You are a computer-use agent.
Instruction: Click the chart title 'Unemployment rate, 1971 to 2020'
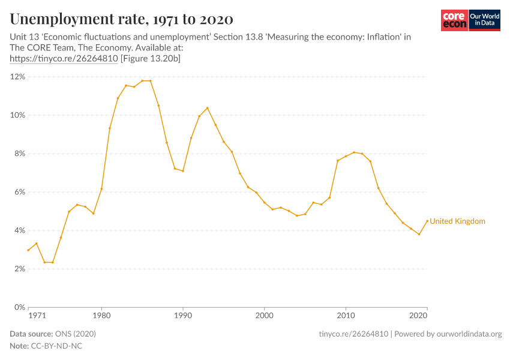click(x=122, y=19)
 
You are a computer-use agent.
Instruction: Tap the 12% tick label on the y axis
click(x=16, y=77)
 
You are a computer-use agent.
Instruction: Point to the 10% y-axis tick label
click(x=16, y=115)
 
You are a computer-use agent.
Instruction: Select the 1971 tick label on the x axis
click(x=37, y=316)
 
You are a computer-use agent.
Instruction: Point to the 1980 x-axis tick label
click(x=101, y=316)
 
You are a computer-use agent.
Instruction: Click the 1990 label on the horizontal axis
click(x=183, y=316)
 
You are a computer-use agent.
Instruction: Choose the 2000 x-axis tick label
click(x=264, y=316)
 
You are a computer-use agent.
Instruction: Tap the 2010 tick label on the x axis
click(x=346, y=316)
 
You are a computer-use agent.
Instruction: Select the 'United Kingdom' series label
click(x=457, y=221)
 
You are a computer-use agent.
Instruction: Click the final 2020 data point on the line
click(x=427, y=221)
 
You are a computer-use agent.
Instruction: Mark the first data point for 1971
click(x=28, y=250)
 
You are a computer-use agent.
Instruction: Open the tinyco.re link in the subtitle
click(x=64, y=59)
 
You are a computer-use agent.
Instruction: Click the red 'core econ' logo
click(x=454, y=20)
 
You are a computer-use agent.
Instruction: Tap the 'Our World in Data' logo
click(x=484, y=20)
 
